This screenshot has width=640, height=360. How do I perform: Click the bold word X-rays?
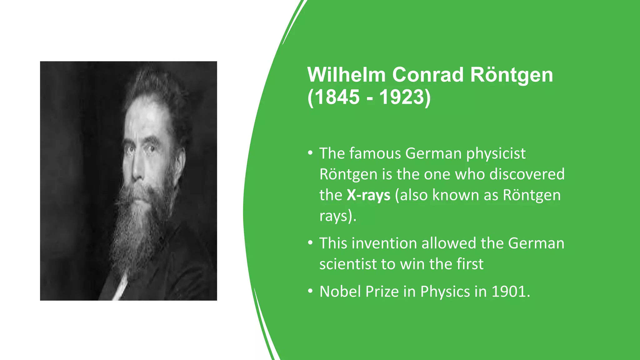[x=368, y=195]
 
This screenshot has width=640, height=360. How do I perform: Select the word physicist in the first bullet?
[x=496, y=154]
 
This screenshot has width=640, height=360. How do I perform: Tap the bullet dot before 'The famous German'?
[x=310, y=153]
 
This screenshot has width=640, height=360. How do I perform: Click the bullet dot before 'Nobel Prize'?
[x=310, y=291]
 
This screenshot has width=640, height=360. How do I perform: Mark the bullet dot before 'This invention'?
[x=310, y=243]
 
